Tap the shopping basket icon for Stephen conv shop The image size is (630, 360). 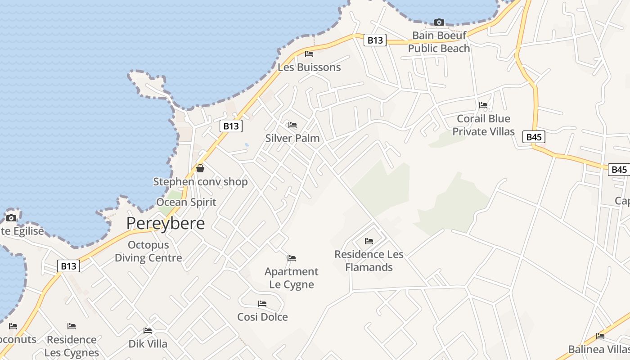[200, 168]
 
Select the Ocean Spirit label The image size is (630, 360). [186, 202]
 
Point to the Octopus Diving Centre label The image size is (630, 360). [148, 252]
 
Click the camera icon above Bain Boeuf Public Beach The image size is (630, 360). [439, 22]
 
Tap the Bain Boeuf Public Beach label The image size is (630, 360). [439, 42]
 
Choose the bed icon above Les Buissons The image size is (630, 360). [309, 54]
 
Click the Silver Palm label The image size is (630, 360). [292, 138]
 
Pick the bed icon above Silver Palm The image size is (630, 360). [292, 125]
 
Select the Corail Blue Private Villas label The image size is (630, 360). [483, 125]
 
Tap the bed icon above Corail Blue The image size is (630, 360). [483, 105]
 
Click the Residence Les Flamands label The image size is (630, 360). [369, 261]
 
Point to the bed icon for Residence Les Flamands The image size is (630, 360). [369, 241]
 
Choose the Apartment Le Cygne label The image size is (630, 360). [292, 278]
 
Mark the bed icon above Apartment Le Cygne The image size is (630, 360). [292, 258]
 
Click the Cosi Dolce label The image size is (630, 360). [262, 317]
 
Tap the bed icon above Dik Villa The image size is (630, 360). [148, 331]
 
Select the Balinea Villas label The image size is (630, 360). [598, 349]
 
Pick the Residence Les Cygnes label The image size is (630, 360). [72, 346]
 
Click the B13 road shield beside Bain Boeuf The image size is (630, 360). [375, 40]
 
